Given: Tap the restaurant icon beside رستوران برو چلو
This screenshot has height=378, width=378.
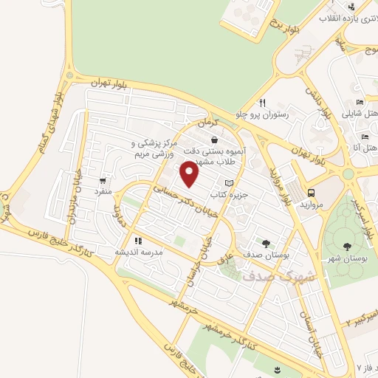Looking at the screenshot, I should point(261,103).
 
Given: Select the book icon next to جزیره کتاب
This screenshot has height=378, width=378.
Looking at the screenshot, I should point(229,183).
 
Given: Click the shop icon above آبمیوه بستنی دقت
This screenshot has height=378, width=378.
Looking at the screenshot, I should point(214,139).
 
